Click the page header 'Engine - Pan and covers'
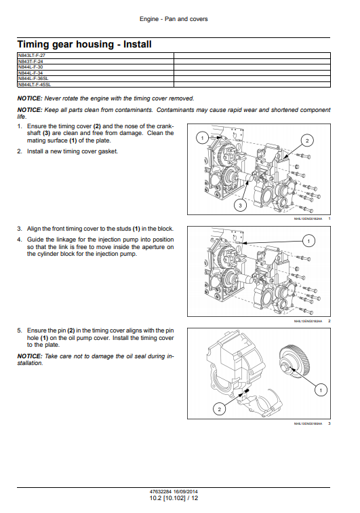point(174,19)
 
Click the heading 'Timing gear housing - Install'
point(84,44)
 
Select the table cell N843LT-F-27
point(96,56)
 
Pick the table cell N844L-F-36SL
point(96,79)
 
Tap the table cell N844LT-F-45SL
point(96,84)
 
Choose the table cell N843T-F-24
point(96,62)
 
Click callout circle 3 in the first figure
point(240,206)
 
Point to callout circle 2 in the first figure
point(307,141)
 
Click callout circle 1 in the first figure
point(202,138)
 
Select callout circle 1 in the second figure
point(308,241)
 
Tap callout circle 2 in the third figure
point(219,409)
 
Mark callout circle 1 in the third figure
point(321,390)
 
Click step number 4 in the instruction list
point(19,240)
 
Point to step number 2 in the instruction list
point(19,151)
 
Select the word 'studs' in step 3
point(123,229)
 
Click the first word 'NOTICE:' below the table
point(30,98)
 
